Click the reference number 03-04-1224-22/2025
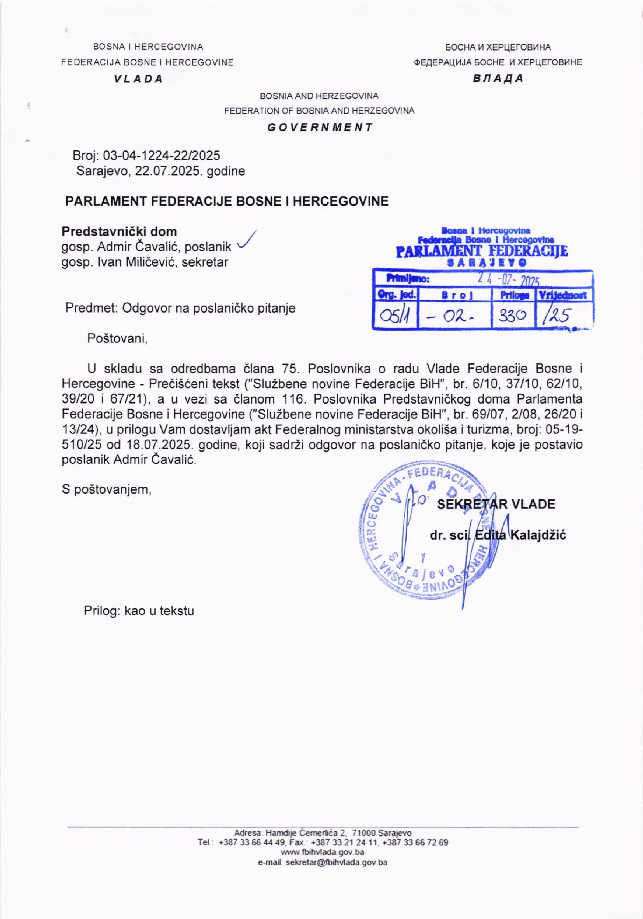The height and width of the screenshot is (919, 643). (x=162, y=155)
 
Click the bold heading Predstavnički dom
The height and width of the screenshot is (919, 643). (x=119, y=231)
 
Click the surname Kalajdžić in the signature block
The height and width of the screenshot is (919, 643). (x=538, y=535)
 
